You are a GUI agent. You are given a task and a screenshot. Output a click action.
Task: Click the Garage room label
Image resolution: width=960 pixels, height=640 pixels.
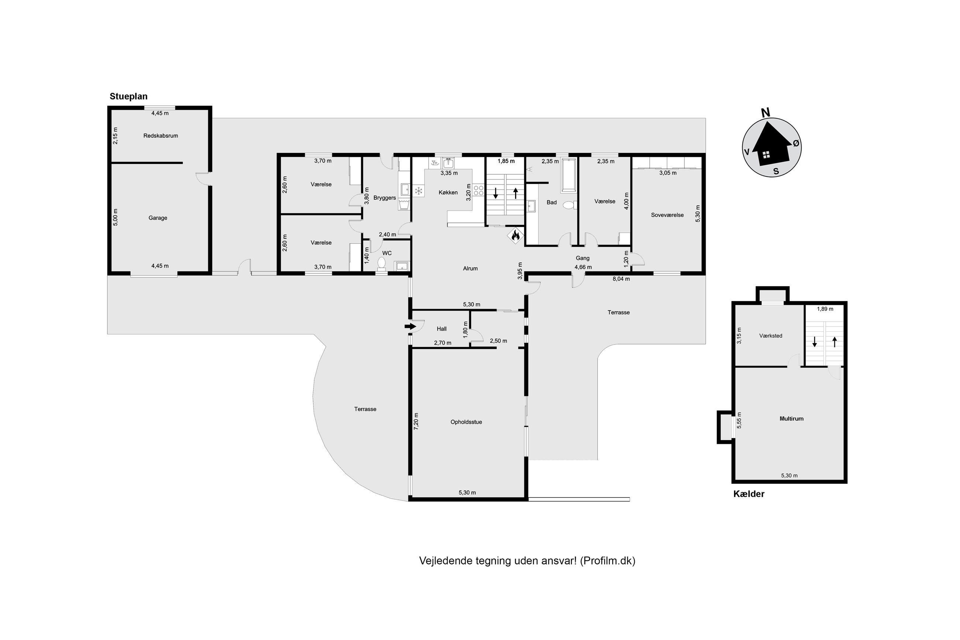pyautogui.click(x=158, y=218)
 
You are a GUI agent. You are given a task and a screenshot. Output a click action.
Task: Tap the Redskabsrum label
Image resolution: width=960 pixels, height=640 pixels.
pyautogui.click(x=160, y=136)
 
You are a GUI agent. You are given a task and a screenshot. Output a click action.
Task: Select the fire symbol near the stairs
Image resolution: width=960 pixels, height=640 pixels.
pyautogui.click(x=515, y=236)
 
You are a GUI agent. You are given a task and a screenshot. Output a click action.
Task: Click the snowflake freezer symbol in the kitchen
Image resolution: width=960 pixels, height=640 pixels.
pyautogui.click(x=418, y=191)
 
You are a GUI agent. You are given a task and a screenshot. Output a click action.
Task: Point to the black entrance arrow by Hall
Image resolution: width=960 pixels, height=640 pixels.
pyautogui.click(x=410, y=326)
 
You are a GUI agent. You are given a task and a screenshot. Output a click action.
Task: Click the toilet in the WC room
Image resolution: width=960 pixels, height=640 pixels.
pyautogui.click(x=382, y=263)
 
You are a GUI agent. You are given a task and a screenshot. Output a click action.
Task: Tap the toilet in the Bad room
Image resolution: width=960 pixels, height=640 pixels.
pyautogui.click(x=569, y=205)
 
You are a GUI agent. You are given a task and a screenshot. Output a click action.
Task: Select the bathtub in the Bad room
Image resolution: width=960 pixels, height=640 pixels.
pyautogui.click(x=568, y=175)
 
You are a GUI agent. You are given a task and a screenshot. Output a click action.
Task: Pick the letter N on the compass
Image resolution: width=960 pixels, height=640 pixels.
pyautogui.click(x=765, y=113)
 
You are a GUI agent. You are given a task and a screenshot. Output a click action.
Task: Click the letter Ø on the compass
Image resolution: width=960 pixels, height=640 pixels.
pyautogui.click(x=795, y=143)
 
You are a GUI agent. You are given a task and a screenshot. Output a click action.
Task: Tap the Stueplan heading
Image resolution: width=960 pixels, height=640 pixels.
pyautogui.click(x=128, y=97)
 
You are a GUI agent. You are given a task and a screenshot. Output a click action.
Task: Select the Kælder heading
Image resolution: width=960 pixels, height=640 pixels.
pyautogui.click(x=749, y=494)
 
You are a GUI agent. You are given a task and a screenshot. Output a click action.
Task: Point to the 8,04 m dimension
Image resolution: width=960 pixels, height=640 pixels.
pyautogui.click(x=621, y=279)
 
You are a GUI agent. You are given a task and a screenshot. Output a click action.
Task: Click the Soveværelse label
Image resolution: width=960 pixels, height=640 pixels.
pyautogui.click(x=667, y=215)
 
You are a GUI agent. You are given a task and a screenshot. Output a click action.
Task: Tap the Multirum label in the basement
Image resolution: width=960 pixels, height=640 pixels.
pyautogui.click(x=791, y=419)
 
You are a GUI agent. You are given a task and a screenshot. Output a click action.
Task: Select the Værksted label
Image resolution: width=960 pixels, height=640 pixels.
pyautogui.click(x=771, y=336)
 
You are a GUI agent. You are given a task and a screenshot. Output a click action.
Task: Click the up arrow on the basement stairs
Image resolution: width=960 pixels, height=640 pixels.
pyautogui.click(x=834, y=342)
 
